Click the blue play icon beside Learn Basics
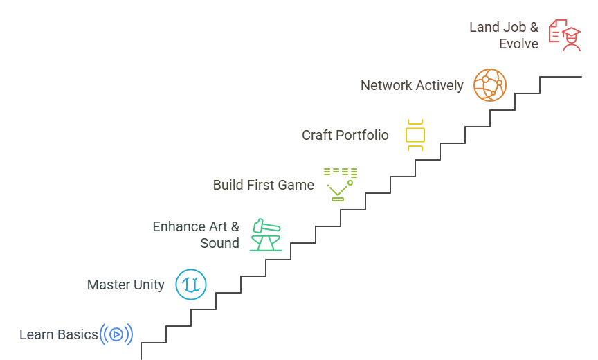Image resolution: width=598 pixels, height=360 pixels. coord(116,334)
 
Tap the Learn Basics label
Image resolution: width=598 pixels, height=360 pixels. coord(59,335)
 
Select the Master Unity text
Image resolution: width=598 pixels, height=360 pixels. coord(125,285)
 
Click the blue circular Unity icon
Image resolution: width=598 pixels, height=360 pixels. coord(191,284)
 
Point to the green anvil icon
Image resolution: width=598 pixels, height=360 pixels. coord(266,235)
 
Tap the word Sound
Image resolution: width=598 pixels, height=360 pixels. coord(219,243)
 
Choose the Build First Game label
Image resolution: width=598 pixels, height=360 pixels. coord(263,185)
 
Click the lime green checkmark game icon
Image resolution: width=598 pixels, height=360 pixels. coord(340,184)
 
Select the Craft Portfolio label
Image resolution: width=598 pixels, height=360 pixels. coord(345,135)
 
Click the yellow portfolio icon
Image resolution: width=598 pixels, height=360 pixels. coord(415,135)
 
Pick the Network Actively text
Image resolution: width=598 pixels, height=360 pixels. coord(412,85)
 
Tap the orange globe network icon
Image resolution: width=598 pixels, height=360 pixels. coord(490,85)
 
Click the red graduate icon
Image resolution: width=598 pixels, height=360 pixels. coord(564,35)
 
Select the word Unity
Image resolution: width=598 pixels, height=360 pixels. coord(147,285)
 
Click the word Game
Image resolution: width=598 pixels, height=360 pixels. coord(296,185)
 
